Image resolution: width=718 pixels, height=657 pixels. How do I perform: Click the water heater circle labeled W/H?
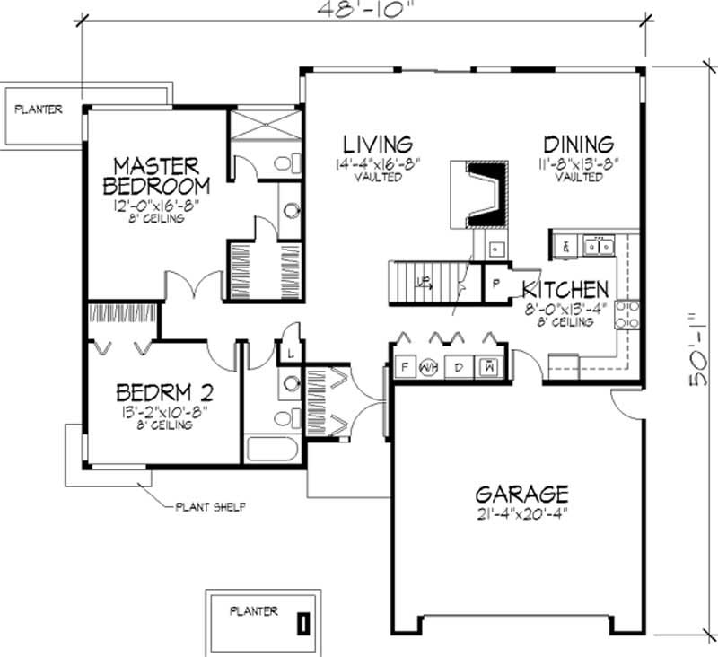[430, 367]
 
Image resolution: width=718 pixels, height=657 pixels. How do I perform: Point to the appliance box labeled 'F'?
[406, 367]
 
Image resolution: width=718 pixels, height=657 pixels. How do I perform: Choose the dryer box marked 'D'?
[458, 367]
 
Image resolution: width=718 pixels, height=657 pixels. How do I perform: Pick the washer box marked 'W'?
[490, 366]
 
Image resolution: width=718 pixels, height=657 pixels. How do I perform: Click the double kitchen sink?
[596, 242]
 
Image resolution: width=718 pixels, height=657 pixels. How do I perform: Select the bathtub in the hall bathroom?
[274, 449]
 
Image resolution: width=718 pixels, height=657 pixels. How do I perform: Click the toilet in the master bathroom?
[286, 164]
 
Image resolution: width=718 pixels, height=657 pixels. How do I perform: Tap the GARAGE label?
[521, 494]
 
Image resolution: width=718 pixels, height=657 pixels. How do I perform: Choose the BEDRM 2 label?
[164, 393]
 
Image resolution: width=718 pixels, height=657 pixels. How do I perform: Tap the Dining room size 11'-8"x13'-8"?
[578, 164]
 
